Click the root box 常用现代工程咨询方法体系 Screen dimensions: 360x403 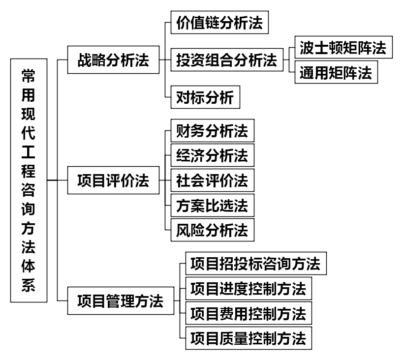point(29,180)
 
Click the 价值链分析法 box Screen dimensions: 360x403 point(219,23)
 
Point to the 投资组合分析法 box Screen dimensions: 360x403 point(227,61)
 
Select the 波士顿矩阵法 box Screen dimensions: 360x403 point(343,48)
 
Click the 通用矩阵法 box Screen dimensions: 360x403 point(336,73)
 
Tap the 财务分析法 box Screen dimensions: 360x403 point(212,131)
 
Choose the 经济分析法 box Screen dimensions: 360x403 point(212,156)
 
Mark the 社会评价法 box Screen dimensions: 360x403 point(212,180)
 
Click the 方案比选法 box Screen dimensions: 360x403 point(212,205)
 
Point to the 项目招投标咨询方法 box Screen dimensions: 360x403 point(255,264)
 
